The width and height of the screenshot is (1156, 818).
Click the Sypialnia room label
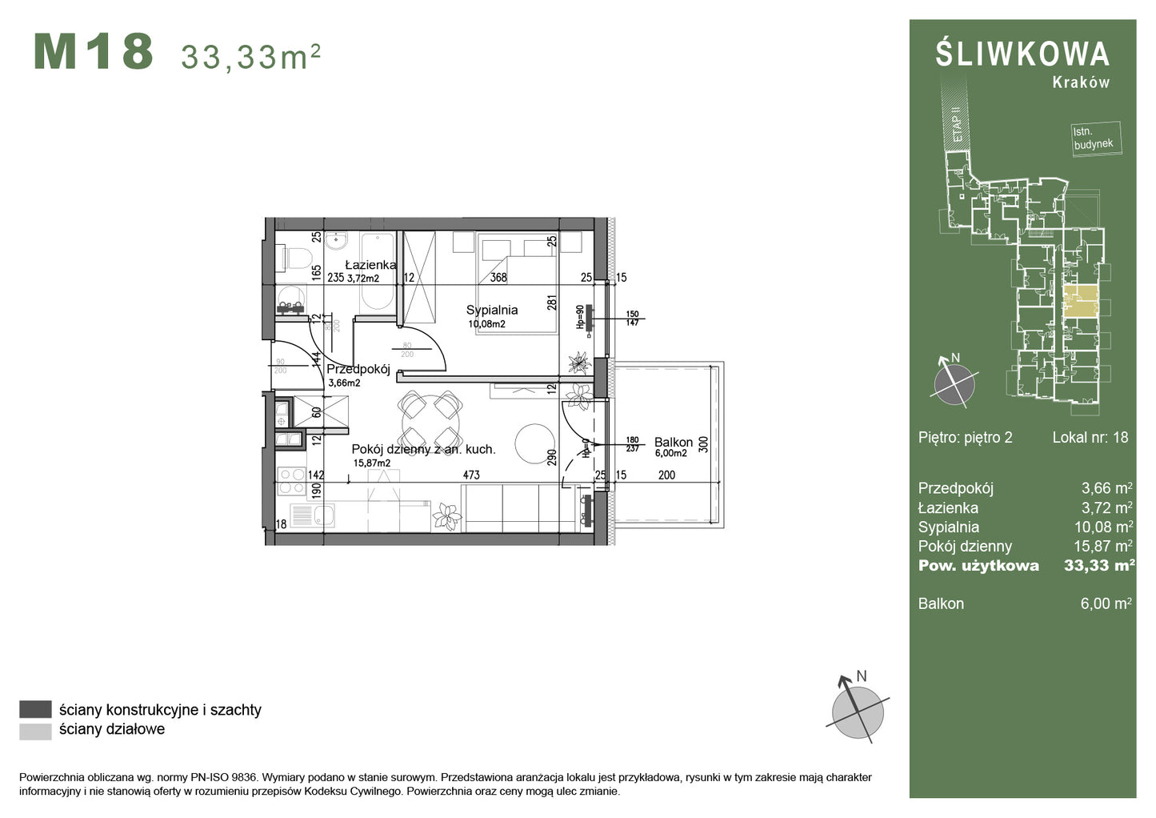pos(492,310)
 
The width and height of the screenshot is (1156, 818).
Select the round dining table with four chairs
pos(430,419)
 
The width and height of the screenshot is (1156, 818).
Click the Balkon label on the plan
pos(673,442)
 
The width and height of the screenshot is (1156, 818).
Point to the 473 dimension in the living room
pos(471,475)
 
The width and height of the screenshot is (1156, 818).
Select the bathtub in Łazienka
pos(377,273)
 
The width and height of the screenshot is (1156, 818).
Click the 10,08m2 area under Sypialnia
pos(486,324)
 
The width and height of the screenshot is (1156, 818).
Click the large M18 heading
pos(94,52)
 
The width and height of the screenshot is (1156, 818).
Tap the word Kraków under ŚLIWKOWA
pos(1081,82)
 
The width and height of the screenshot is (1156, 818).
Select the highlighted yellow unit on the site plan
pos(1080,302)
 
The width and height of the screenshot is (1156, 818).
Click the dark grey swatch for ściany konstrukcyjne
pos(35,709)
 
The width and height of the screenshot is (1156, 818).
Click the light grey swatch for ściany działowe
pos(35,730)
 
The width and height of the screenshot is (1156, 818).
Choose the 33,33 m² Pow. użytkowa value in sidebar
pos(1098,565)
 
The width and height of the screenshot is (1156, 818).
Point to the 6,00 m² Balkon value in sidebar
pos(1106,603)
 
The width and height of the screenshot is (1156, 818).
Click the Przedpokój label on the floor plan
pos(358,369)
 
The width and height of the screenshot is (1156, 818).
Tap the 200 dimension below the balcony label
pos(666,475)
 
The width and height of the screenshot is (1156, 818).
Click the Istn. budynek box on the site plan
pos(1094,138)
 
